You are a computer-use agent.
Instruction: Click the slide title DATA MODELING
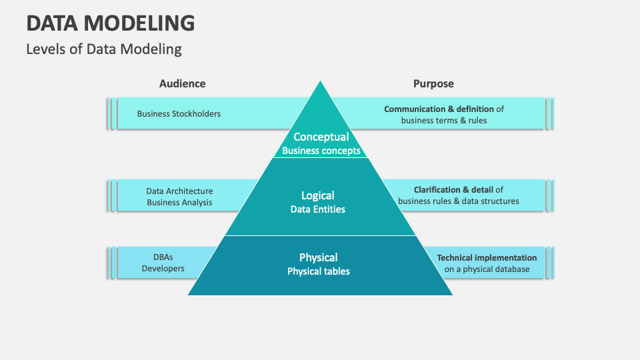point(111,23)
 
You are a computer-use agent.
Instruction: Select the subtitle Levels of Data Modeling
point(104,49)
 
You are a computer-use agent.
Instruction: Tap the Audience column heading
point(182,83)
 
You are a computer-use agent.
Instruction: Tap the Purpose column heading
point(433,83)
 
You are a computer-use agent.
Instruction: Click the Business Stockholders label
point(179,113)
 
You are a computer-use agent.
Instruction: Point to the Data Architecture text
point(179,191)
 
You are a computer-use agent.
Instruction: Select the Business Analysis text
point(179,202)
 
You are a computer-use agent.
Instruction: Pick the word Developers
point(163,269)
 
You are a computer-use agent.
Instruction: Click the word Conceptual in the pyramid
point(321,137)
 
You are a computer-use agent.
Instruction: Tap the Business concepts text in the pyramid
point(321,151)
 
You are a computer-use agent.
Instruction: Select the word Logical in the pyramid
point(318,195)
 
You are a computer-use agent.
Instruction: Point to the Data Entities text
point(318,209)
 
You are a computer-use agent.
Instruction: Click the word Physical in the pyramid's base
point(318,257)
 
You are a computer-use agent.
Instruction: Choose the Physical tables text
point(318,271)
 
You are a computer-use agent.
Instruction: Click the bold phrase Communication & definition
point(439,109)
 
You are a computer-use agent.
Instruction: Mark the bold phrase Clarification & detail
point(453,189)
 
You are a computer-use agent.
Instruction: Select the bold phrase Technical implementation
point(487,257)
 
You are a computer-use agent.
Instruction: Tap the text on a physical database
point(487,269)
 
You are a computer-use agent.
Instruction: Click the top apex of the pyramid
point(321,83)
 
